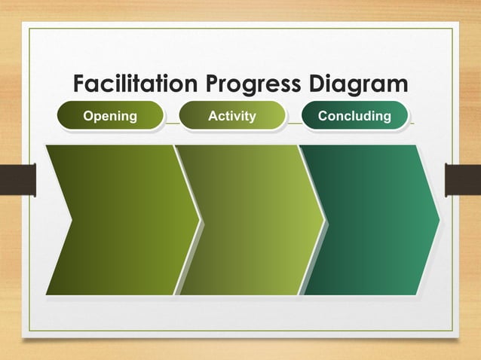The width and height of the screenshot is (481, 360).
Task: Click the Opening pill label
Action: [x=110, y=116]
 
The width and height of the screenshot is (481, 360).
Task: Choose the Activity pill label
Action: [x=232, y=116]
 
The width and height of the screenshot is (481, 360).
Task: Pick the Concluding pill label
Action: [x=354, y=116]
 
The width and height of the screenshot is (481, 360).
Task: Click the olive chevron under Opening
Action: [x=124, y=219]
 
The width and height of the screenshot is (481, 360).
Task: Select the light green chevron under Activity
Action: [x=253, y=219]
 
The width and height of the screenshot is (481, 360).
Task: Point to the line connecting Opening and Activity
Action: [x=171, y=123]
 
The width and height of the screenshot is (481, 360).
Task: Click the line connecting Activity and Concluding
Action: [x=293, y=123]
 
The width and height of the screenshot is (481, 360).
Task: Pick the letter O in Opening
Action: [x=87, y=116]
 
